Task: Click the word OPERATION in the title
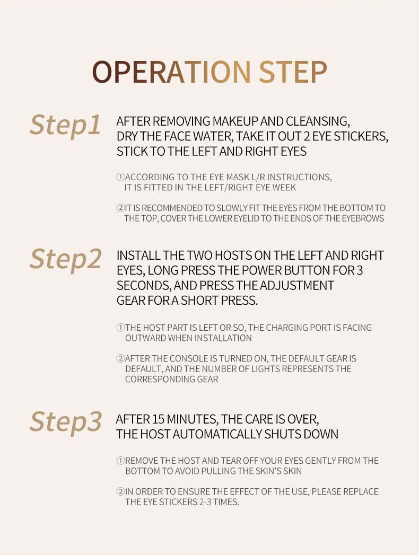click(171, 72)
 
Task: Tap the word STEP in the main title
click(293, 72)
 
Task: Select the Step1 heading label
click(65, 125)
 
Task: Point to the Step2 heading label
click(66, 259)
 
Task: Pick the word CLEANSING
click(318, 121)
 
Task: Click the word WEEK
click(284, 187)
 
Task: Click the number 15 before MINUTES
click(159, 419)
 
